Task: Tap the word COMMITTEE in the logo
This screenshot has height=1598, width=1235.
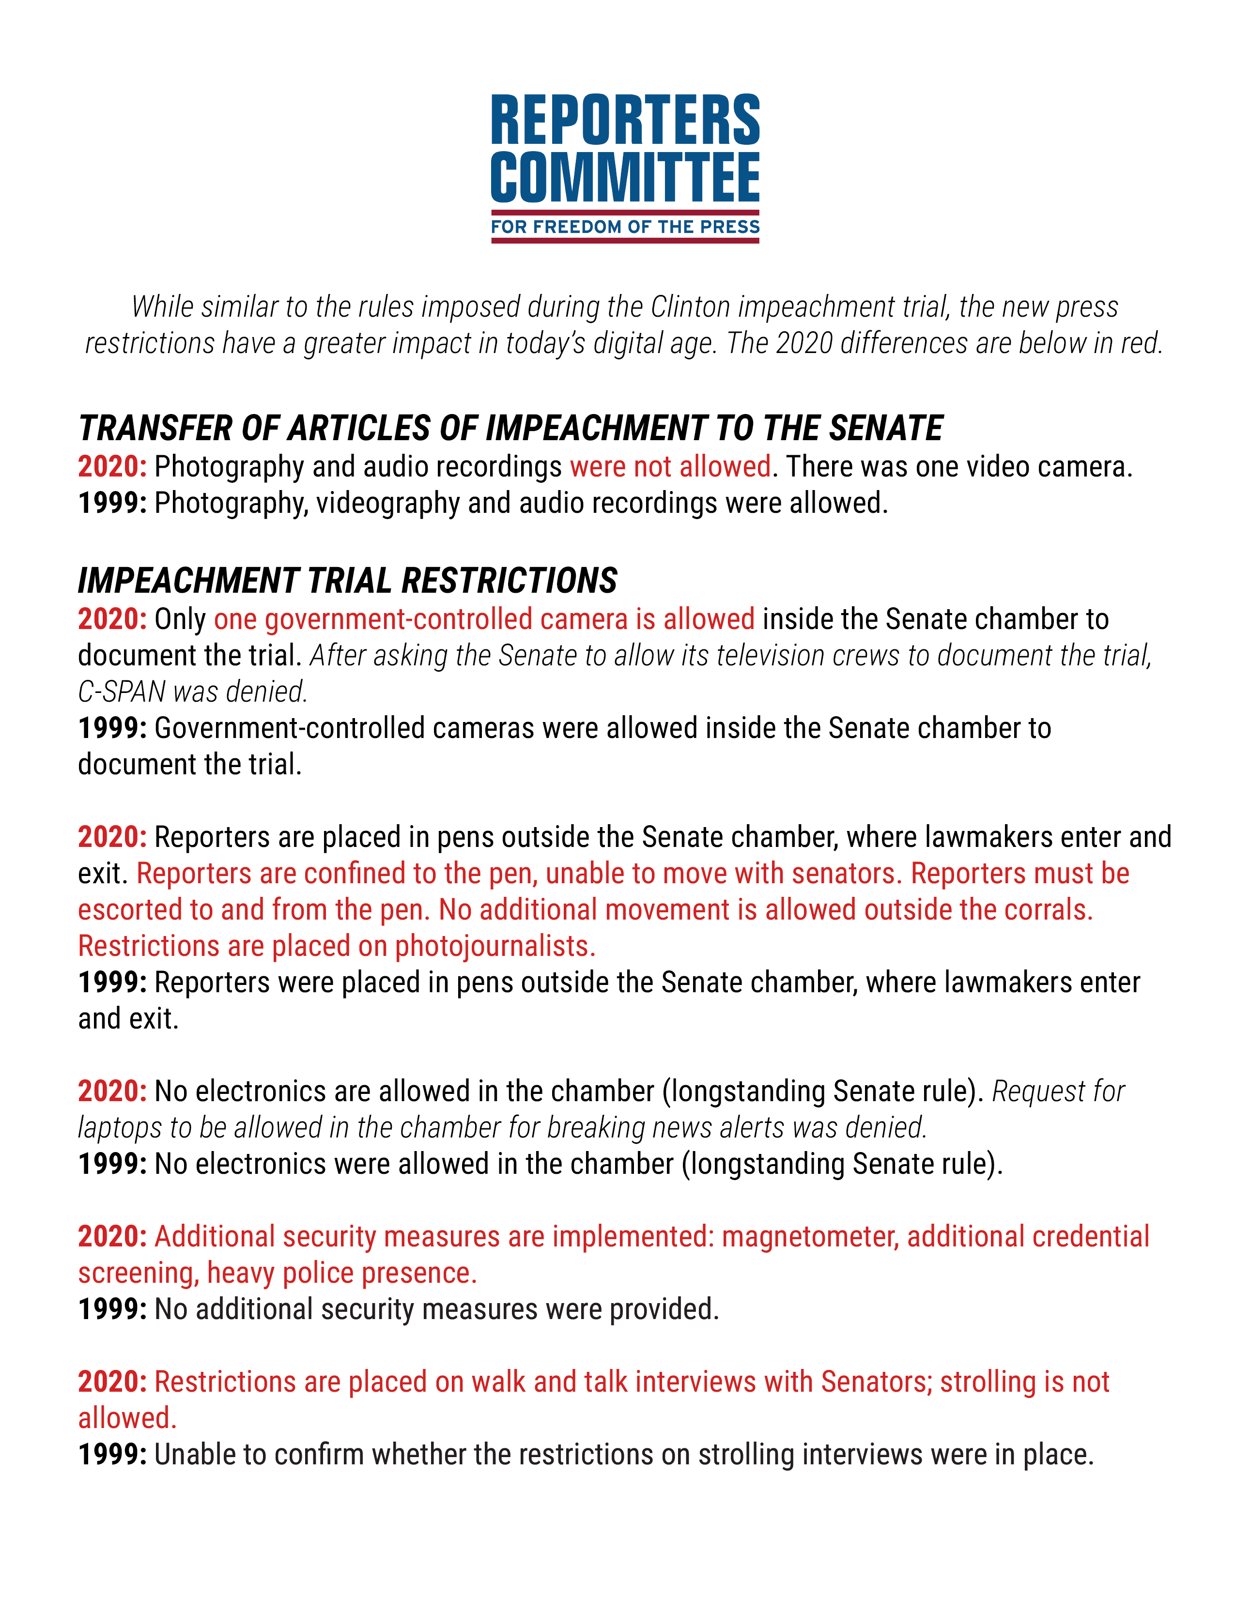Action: click(625, 177)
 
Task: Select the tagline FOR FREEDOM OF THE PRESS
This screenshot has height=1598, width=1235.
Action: click(625, 227)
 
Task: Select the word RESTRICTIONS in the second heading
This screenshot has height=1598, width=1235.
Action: click(509, 581)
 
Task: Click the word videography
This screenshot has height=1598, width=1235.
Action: click(388, 504)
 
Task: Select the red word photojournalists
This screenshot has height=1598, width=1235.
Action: click(495, 946)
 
